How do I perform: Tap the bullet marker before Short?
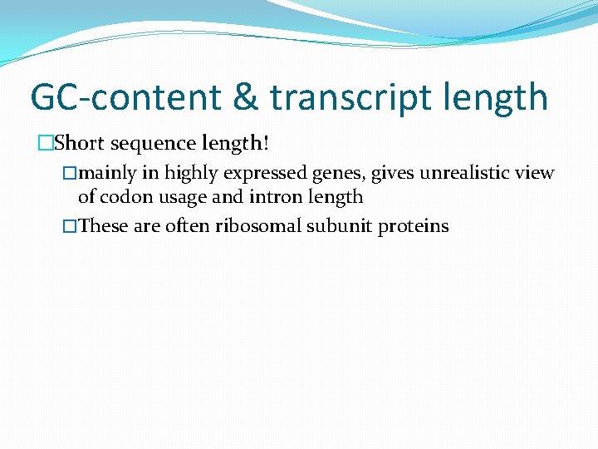(45, 144)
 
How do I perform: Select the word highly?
(193, 173)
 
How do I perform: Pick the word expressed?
(266, 173)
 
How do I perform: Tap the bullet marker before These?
(71, 226)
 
